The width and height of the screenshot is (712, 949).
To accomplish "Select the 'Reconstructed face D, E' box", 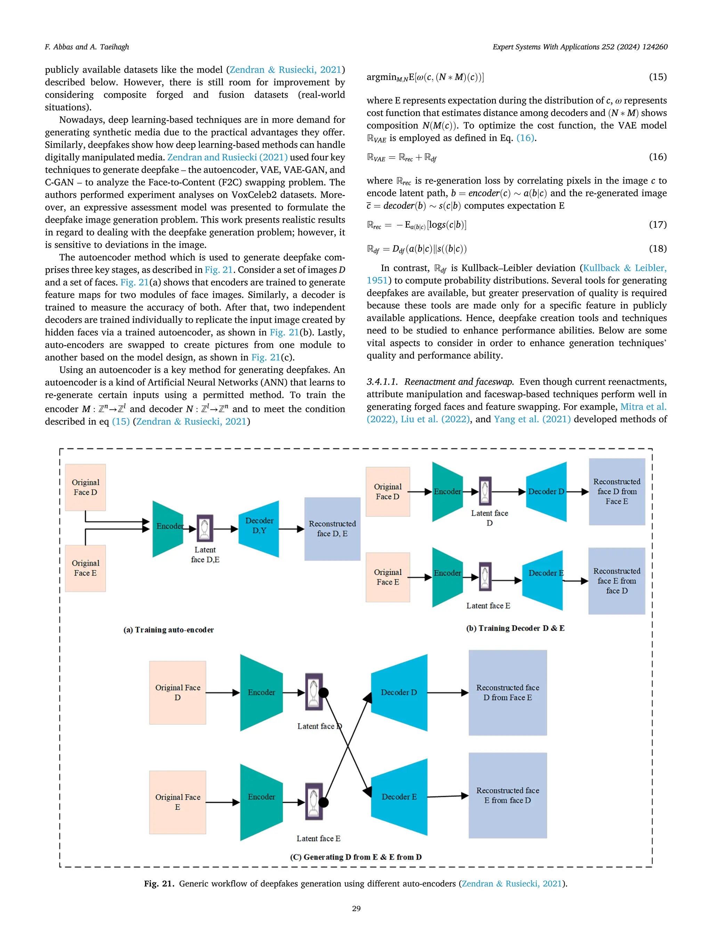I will pos(332,529).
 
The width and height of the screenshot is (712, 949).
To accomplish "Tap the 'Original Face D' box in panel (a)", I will pos(86,488).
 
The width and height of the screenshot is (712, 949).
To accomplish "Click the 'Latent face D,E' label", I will pos(205,554).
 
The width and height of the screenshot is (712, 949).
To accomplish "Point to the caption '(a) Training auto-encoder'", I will pos(169,629).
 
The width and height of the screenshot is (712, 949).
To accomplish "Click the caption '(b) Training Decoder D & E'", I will pos(515,628).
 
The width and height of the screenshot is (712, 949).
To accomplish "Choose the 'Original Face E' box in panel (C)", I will pos(178,802).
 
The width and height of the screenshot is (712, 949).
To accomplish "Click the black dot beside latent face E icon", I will pos(324,802).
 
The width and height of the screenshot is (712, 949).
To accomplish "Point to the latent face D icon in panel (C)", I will pos(314,692).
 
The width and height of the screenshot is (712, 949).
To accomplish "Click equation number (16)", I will pos(657,157).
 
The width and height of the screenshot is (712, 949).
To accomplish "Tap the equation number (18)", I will pos(657,248).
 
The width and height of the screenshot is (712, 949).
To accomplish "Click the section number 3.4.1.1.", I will pos(382,382).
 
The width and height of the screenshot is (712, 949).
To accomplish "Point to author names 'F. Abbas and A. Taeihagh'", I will pos(87,47).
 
